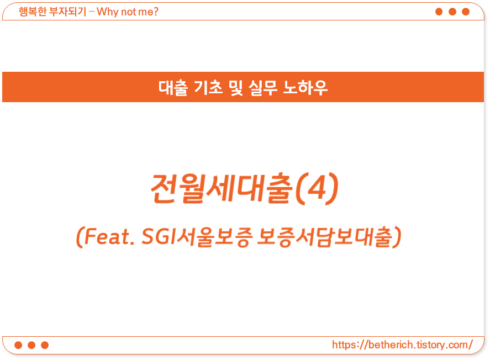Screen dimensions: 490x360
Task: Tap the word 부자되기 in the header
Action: [68, 12]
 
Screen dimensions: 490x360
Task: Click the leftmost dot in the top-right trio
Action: [439, 12]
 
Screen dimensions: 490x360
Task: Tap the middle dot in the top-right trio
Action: [452, 12]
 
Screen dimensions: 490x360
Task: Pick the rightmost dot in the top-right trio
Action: [466, 12]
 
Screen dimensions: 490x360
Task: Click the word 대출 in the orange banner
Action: [173, 87]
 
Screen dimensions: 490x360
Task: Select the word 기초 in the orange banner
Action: [208, 87]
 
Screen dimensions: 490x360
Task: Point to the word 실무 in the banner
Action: [263, 87]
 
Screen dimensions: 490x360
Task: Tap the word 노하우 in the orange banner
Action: [305, 87]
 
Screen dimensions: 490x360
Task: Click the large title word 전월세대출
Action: [222, 188]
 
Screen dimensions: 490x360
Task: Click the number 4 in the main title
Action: [317, 187]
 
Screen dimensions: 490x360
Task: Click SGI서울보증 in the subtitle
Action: [197, 237]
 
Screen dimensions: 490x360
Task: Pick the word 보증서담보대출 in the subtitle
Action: [324, 237]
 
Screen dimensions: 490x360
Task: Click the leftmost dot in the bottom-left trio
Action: [18, 345]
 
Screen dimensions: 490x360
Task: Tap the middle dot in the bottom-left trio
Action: [31, 345]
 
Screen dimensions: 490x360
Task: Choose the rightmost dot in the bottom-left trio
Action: [45, 345]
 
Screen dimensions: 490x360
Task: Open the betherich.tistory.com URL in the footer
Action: [402, 345]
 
